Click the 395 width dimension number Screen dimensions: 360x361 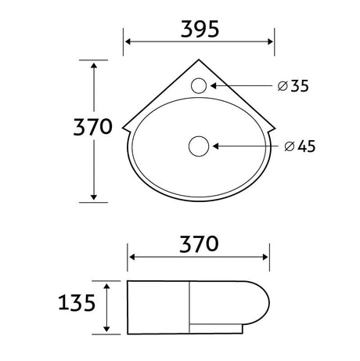(x=200, y=29)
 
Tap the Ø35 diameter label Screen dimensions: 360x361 (x=293, y=86)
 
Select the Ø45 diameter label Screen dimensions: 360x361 (x=300, y=146)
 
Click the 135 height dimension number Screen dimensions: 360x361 (x=77, y=302)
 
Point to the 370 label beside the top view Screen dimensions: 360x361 (x=93, y=127)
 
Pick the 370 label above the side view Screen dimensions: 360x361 (x=199, y=244)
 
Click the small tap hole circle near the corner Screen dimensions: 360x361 (x=199, y=85)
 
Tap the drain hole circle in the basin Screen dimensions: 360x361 (x=199, y=146)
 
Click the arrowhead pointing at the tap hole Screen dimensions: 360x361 (x=213, y=85)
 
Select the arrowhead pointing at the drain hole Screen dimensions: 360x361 (x=216, y=146)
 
